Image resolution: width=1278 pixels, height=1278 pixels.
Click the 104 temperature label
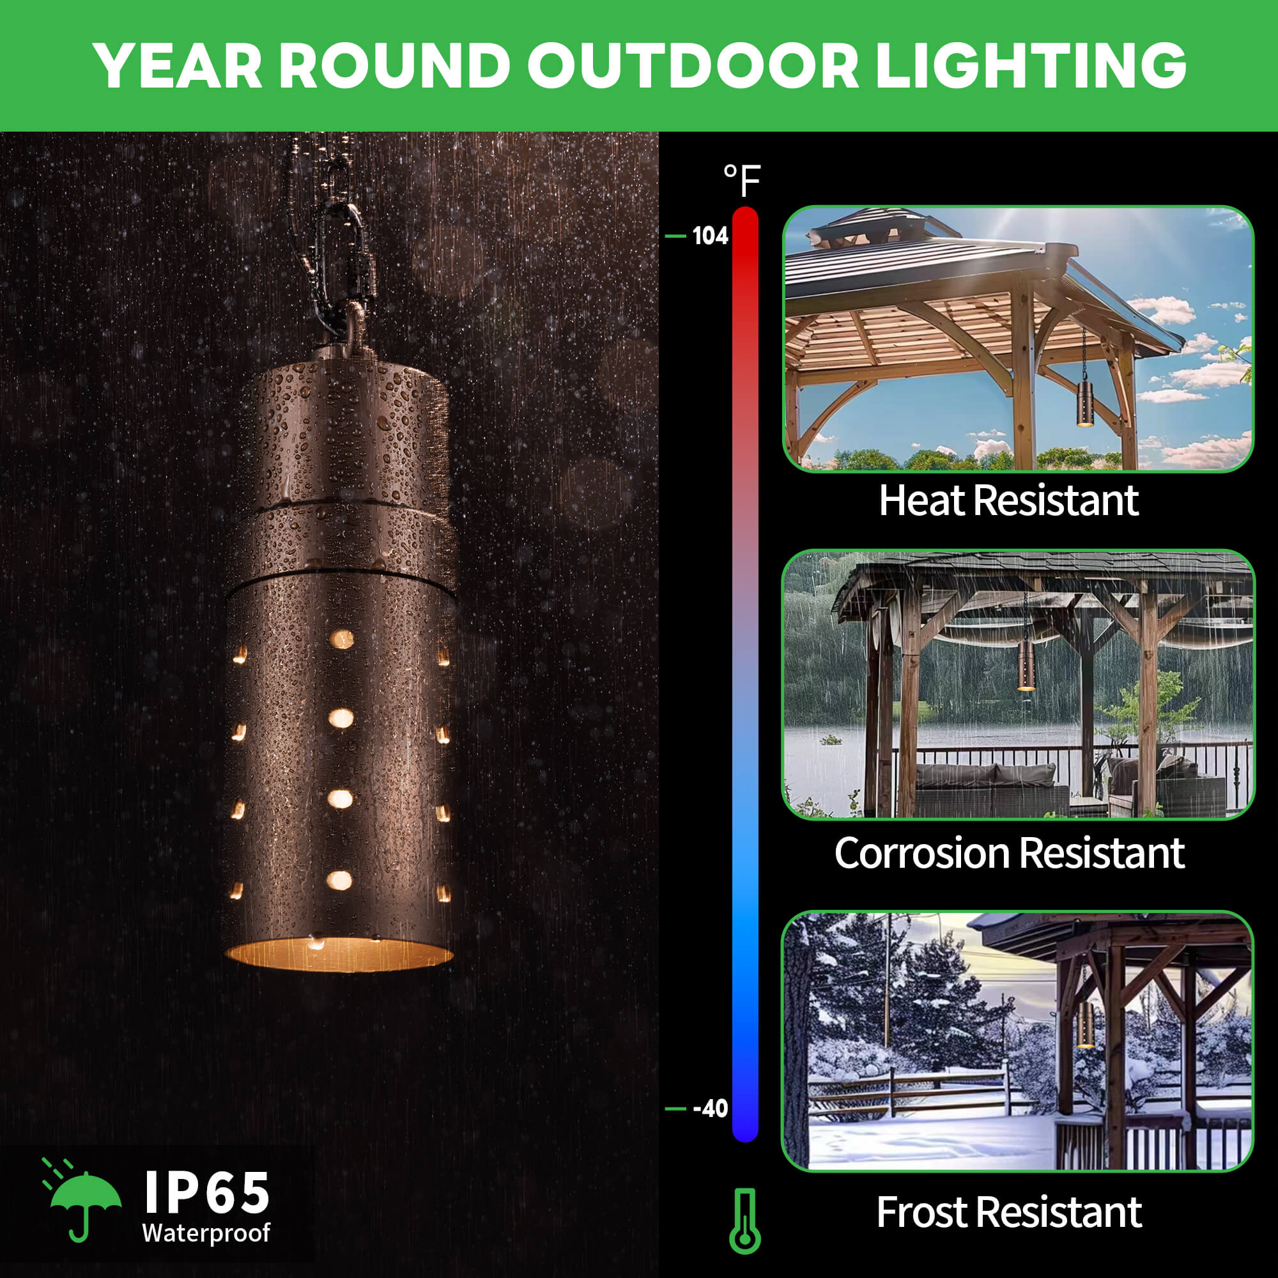pyautogui.click(x=710, y=236)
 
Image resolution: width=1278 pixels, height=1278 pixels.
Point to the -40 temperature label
pyautogui.click(x=710, y=1109)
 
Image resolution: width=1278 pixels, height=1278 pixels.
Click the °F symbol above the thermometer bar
pyautogui.click(x=742, y=180)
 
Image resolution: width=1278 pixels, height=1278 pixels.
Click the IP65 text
pyautogui.click(x=206, y=1192)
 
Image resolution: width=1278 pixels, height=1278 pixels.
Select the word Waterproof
pyautogui.click(x=206, y=1233)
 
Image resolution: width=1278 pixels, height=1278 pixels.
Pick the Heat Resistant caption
pyautogui.click(x=1009, y=501)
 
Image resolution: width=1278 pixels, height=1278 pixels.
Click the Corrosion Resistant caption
pyautogui.click(x=1009, y=853)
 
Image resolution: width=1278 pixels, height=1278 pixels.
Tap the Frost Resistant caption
pyautogui.click(x=1009, y=1213)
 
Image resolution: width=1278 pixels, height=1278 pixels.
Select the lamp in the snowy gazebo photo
pyautogui.click(x=1085, y=1026)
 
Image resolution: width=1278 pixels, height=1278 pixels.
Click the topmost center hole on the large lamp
pyautogui.click(x=342, y=639)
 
